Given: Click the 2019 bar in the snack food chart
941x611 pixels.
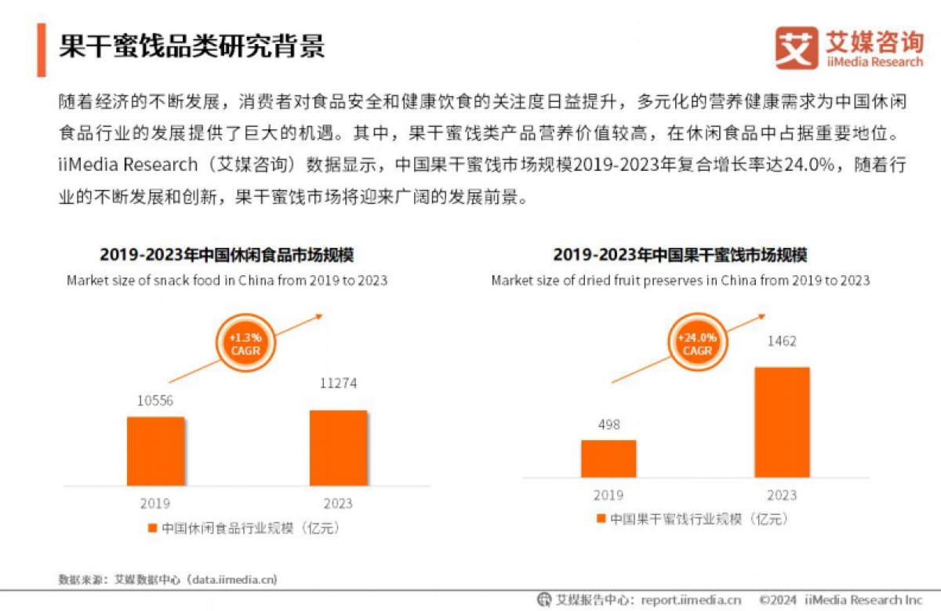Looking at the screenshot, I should pyautogui.click(x=155, y=451).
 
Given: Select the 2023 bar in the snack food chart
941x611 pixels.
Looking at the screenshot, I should pyautogui.click(x=338, y=447).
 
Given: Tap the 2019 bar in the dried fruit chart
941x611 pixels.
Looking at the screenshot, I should pyautogui.click(x=609, y=458).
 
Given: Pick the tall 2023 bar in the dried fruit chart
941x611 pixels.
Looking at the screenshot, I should pyautogui.click(x=781, y=422).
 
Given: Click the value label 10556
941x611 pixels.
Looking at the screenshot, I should pyautogui.click(x=155, y=401).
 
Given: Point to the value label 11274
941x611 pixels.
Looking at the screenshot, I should pyautogui.click(x=338, y=384).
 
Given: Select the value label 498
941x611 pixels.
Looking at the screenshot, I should pyautogui.click(x=609, y=424).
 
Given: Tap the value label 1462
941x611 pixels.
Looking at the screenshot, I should pyautogui.click(x=781, y=341).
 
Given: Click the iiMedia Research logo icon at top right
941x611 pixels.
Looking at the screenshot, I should pyautogui.click(x=797, y=49).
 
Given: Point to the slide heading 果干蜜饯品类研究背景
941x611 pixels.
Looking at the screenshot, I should pyautogui.click(x=191, y=46).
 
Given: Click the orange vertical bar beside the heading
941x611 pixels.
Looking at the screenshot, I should pyautogui.click(x=41, y=49).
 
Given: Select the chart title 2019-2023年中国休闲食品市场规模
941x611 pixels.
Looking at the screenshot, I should pyautogui.click(x=227, y=256).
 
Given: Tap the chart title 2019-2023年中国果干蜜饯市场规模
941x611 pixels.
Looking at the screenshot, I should pyautogui.click(x=680, y=256).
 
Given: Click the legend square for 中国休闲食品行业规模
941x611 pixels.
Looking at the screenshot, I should pyautogui.click(x=152, y=528).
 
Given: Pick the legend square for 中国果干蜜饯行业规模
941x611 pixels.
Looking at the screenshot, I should pyautogui.click(x=600, y=519).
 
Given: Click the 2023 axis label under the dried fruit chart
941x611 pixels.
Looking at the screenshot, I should pyautogui.click(x=781, y=495).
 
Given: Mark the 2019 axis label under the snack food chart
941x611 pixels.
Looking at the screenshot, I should pyautogui.click(x=155, y=504).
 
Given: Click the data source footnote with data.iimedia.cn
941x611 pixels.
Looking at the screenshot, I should pyautogui.click(x=168, y=580).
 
